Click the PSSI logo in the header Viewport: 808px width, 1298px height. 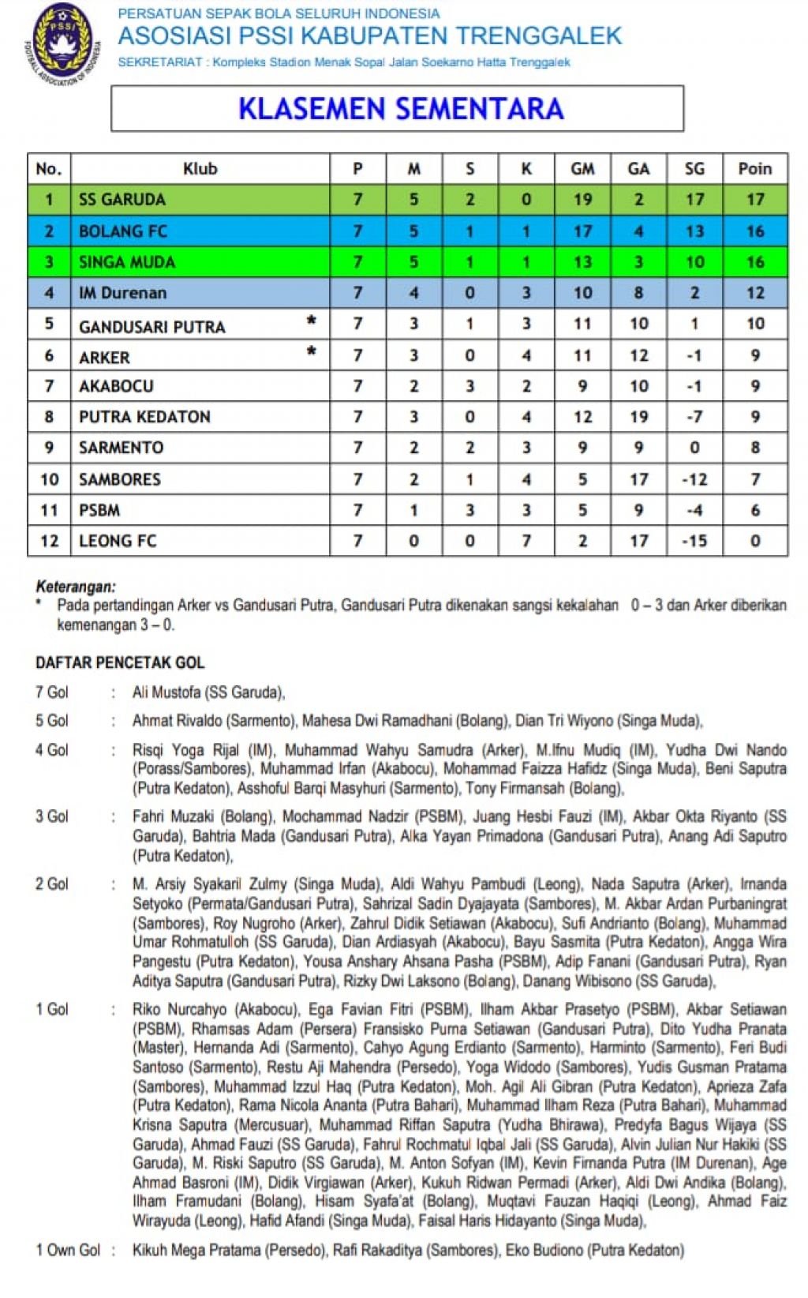(61, 43)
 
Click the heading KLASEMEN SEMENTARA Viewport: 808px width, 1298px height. (401, 109)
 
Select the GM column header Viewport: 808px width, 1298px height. (582, 168)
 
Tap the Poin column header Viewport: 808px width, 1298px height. (755, 168)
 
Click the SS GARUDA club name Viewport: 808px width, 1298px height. (122, 200)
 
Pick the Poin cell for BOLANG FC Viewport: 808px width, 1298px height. (755, 231)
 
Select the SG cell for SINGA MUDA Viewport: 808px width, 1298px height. (694, 262)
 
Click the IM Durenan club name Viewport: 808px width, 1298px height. (122, 293)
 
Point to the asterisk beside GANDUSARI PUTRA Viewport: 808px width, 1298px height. (312, 321)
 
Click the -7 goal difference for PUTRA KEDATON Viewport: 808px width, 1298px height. (694, 417)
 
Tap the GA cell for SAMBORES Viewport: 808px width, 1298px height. (638, 479)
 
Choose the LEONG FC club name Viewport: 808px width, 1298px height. (118, 541)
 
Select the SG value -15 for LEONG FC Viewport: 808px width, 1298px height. (694, 541)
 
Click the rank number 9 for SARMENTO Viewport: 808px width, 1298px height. (49, 448)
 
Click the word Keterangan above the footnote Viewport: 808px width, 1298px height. (76, 587)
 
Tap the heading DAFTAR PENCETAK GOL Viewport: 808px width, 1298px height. (120, 663)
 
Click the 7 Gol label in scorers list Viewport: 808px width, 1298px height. (52, 692)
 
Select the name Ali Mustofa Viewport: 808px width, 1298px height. (166, 692)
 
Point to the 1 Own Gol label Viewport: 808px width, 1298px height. (68, 1251)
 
